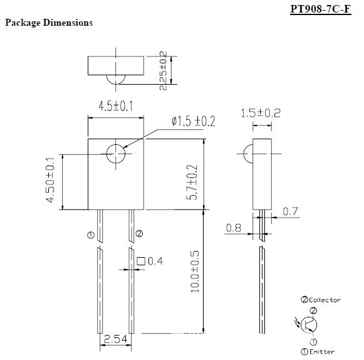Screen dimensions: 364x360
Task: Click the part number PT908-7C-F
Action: click(321, 9)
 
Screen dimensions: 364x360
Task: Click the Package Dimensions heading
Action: click(49, 23)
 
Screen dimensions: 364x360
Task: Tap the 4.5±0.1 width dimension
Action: click(116, 106)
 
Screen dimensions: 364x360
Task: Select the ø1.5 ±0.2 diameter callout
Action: click(194, 121)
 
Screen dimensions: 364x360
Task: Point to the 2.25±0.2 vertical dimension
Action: click(163, 71)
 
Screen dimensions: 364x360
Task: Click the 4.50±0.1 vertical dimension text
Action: click(50, 180)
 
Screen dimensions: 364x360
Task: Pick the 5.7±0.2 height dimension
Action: click(192, 183)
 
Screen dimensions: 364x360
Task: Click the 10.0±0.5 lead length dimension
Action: click(195, 272)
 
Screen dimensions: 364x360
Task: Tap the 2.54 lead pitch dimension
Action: click(115, 339)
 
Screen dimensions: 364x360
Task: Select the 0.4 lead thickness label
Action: click(155, 262)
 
